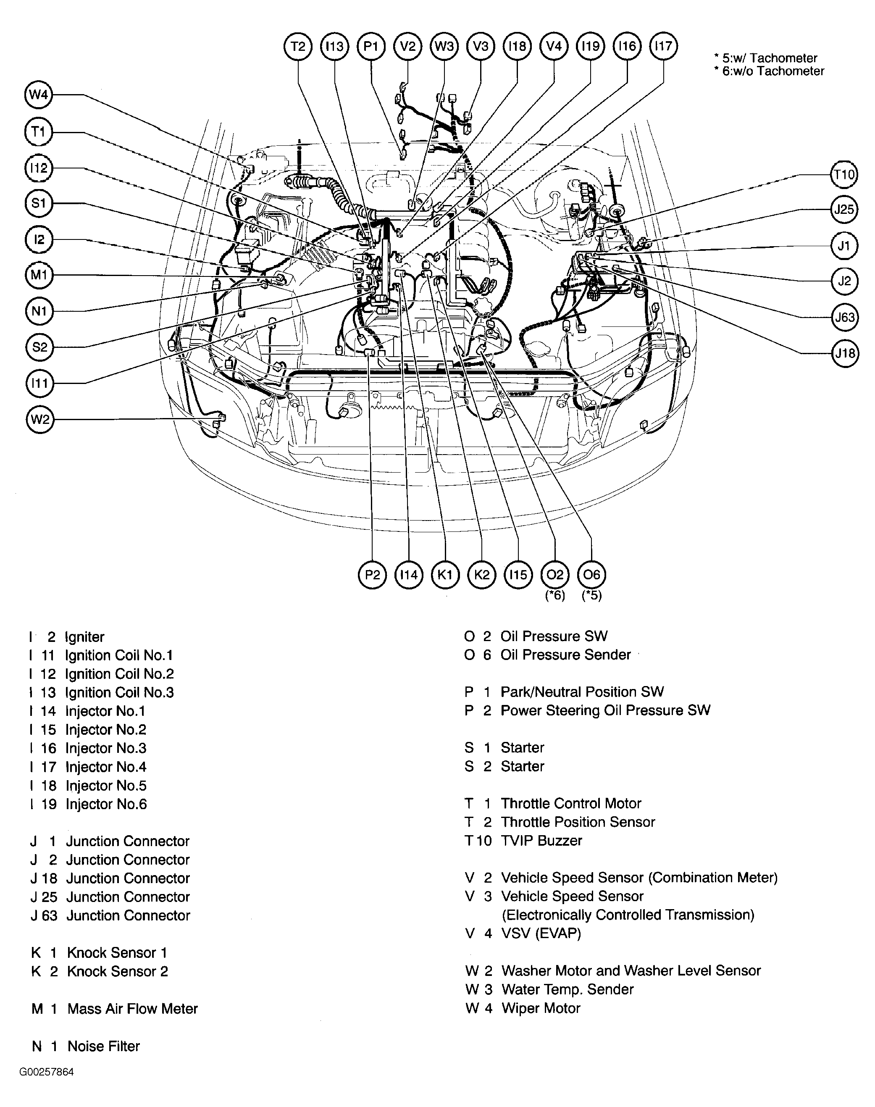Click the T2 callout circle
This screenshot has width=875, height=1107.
pos(298,47)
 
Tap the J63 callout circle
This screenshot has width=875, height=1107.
pos(844,317)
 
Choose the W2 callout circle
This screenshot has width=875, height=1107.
pos(39,420)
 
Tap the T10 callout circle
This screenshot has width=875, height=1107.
pos(844,175)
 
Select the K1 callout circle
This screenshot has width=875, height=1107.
pos(445,575)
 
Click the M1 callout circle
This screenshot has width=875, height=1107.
pos(39,275)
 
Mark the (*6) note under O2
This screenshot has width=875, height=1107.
pos(555,595)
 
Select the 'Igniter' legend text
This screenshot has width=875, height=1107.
pos(84,637)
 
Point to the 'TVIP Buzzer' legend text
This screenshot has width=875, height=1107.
pos(541,841)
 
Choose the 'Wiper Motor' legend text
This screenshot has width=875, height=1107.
pos(541,1008)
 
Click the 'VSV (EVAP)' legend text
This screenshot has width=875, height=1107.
pos(541,933)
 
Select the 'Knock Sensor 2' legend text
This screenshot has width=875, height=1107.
pos(117,971)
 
